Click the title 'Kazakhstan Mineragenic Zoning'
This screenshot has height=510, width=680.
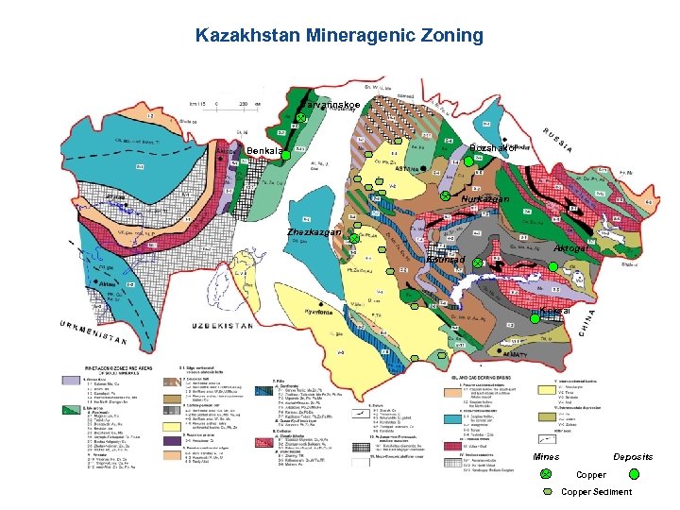click(x=339, y=36)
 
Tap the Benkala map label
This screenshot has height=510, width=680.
click(x=264, y=152)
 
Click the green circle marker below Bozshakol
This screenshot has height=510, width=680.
click(x=467, y=161)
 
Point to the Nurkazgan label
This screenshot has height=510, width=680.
click(x=485, y=199)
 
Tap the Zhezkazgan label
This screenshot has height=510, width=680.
click(x=320, y=232)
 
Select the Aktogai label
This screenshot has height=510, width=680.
click(x=572, y=247)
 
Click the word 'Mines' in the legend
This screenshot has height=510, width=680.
click(x=545, y=457)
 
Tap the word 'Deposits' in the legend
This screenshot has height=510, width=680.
click(x=632, y=457)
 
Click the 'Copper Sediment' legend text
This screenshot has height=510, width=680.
click(x=597, y=492)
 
